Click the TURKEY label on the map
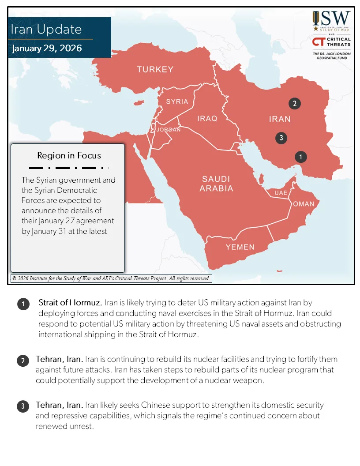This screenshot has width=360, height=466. click(155, 70)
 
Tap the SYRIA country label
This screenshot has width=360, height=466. click(177, 101)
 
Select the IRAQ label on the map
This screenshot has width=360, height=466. click(207, 119)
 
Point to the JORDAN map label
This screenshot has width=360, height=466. click(168, 130)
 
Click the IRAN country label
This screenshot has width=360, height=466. click(280, 119)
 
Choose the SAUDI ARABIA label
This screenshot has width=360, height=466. click(216, 184)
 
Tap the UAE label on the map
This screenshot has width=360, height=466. click(281, 193)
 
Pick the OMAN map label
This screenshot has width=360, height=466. click(304, 204)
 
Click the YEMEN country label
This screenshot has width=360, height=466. click(240, 247)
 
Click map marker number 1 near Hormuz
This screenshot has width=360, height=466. click(300, 157)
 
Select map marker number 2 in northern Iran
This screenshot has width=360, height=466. click(294, 104)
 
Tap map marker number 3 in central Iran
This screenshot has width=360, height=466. click(281, 138)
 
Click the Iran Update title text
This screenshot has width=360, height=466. click(46, 30)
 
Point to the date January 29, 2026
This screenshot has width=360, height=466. click(47, 48)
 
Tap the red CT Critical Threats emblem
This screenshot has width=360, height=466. click(318, 42)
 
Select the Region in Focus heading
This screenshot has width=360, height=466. click(69, 155)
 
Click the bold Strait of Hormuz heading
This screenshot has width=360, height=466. click(70, 303)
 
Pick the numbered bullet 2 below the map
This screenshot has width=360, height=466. click(23, 361)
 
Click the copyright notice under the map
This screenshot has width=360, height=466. click(111, 278)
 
